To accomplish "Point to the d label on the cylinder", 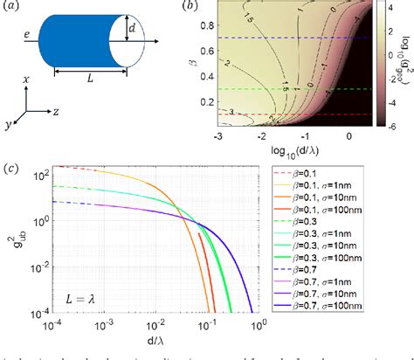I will [134, 32].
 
